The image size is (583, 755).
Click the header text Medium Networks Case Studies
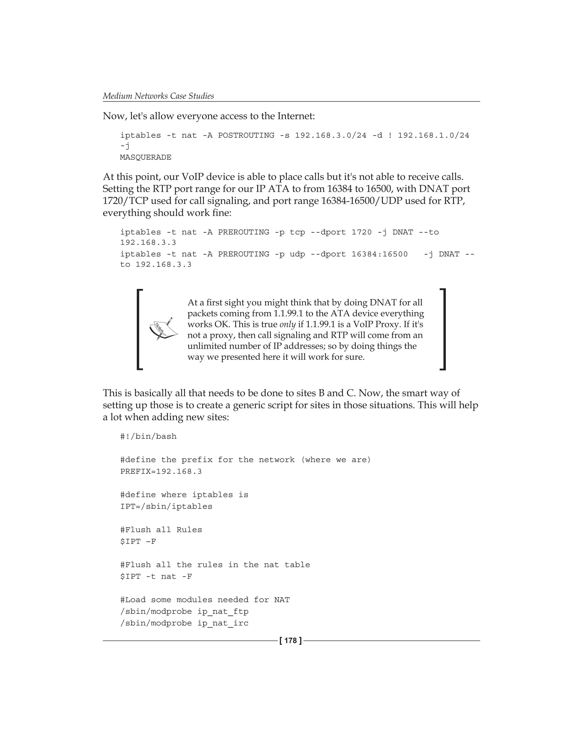tap(159, 96)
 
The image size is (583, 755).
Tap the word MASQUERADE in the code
tap(145, 157)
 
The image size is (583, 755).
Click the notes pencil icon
tap(163, 329)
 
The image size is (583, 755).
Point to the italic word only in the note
tap(287, 325)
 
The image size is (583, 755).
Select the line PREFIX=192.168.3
tap(161, 472)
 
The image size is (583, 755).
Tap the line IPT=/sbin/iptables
tap(166, 507)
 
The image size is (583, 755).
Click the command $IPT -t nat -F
tap(156, 577)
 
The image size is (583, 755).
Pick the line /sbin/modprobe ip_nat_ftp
tap(184, 611)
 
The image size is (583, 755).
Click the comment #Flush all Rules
tap(161, 530)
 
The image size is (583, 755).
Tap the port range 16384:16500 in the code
tap(379, 254)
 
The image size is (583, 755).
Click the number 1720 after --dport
tap(362, 232)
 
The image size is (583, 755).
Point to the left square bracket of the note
tap(139, 329)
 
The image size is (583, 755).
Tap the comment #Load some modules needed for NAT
tap(205, 600)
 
